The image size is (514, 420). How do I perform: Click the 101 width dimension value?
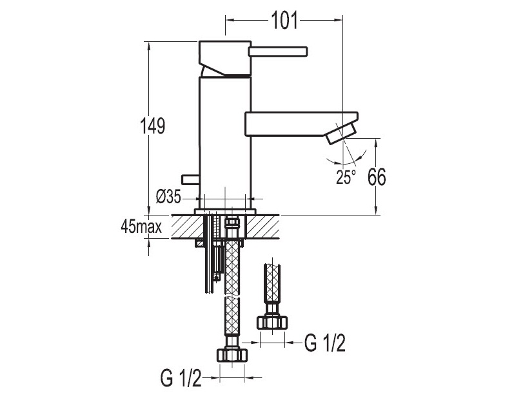click(x=284, y=21)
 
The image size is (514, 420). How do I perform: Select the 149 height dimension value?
click(x=152, y=126)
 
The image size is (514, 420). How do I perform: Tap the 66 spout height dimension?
click(x=377, y=177)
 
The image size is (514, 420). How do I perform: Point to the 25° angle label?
click(x=346, y=177)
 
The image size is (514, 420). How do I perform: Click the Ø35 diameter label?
click(x=168, y=197)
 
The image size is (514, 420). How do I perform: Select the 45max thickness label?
click(x=141, y=226)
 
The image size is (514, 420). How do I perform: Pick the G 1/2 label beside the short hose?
click(x=325, y=343)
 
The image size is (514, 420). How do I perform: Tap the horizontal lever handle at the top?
click(x=278, y=52)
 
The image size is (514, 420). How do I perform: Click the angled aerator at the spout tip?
click(x=342, y=133)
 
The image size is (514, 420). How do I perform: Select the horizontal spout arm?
click(x=301, y=124)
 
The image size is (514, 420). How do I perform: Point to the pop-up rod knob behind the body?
click(x=190, y=179)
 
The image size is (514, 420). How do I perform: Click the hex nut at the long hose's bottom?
click(x=232, y=355)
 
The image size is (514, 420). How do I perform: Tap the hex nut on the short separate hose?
click(x=272, y=323)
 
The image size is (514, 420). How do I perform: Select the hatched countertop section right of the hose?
click(x=262, y=226)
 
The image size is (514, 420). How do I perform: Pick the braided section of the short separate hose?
click(x=272, y=283)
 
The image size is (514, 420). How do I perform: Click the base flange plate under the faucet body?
click(x=225, y=212)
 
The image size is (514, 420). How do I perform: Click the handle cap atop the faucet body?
click(x=225, y=58)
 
